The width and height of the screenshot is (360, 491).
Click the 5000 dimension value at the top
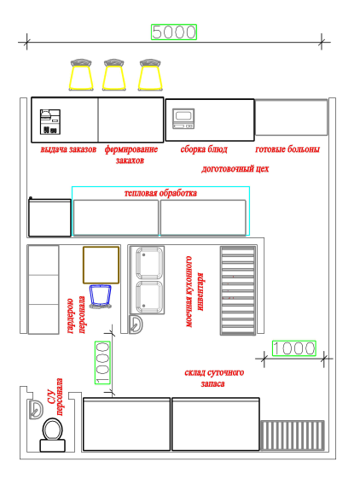click(174, 32)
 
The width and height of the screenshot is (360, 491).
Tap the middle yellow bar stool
click(114, 74)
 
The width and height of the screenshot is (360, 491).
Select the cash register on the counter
click(50, 122)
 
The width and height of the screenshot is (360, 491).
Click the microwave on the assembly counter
click(183, 119)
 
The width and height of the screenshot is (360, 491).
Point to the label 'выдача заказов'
click(68, 149)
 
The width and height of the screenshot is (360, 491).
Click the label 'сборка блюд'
click(204, 149)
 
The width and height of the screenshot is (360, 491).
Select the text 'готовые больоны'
click(287, 149)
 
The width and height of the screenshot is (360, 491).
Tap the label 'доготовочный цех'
click(235, 169)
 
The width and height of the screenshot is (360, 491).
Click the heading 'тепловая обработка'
click(160, 193)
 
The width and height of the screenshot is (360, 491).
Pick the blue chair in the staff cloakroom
click(101, 296)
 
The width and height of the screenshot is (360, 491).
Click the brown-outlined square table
click(101, 265)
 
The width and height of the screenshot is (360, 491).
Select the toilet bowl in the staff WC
click(53, 435)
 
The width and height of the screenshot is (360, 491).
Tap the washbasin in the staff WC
click(36, 409)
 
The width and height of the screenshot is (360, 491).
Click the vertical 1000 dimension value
click(102, 363)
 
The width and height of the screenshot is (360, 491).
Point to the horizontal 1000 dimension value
click(294, 348)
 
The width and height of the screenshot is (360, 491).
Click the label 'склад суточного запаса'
click(214, 378)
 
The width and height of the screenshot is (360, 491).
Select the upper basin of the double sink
click(149, 263)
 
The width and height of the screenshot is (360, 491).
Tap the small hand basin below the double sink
click(136, 324)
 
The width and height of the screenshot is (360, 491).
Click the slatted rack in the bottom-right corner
click(292, 435)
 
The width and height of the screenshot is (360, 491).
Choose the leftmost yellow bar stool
click(81, 74)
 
